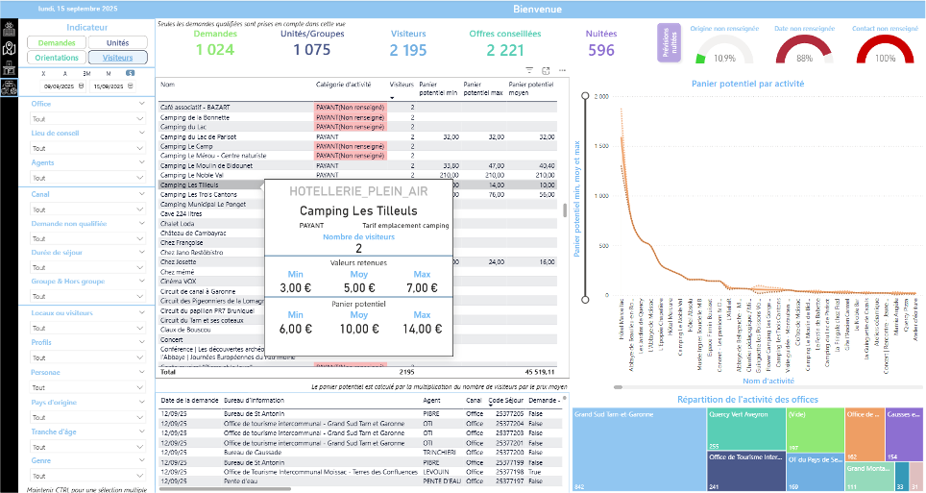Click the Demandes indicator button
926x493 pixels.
click(x=57, y=43)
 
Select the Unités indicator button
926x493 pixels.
click(x=117, y=43)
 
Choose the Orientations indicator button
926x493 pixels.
click(x=57, y=58)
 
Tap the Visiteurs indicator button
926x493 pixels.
click(x=117, y=58)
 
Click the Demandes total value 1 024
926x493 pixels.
click(x=214, y=50)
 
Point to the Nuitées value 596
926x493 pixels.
click(x=601, y=50)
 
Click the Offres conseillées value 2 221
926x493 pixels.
click(x=504, y=50)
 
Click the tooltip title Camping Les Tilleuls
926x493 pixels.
click(x=358, y=210)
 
